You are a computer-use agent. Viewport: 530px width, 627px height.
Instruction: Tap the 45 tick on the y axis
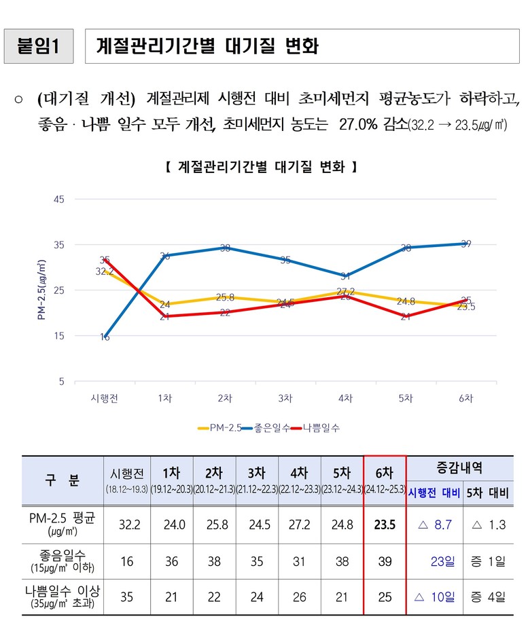click(58, 199)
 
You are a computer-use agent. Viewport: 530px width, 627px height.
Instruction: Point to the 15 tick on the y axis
click(58, 336)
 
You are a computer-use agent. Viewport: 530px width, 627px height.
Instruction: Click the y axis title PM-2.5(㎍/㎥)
click(41, 290)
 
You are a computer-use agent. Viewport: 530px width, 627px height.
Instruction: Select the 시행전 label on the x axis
click(105, 398)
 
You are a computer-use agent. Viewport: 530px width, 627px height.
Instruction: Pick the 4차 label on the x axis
click(345, 398)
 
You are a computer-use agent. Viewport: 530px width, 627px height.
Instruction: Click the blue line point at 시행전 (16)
click(105, 337)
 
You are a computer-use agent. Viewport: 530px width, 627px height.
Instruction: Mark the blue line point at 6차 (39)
click(465, 244)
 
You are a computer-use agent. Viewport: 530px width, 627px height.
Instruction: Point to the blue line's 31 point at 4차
click(345, 275)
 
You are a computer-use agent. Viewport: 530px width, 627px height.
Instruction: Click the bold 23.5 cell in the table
click(385, 524)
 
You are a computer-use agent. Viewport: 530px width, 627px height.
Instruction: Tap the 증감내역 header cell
click(469, 468)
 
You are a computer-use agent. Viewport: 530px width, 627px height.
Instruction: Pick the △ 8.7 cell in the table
click(435, 524)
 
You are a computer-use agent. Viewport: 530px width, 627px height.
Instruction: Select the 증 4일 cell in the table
click(488, 597)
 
